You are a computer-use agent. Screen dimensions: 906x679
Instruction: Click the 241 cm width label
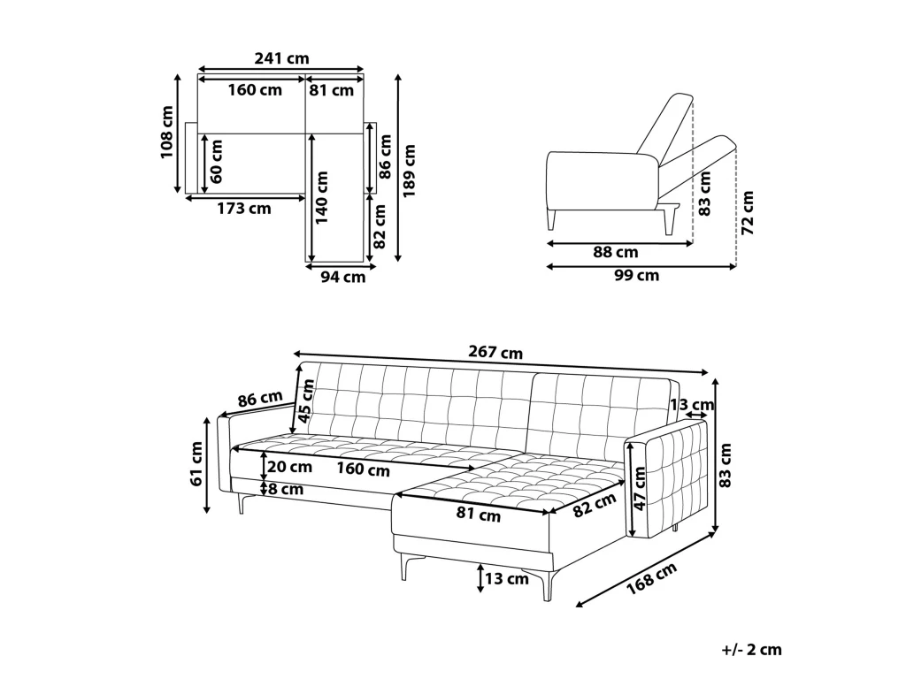(282, 58)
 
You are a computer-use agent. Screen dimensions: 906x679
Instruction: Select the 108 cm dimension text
(167, 133)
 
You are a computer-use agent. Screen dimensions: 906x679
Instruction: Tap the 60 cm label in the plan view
(216, 162)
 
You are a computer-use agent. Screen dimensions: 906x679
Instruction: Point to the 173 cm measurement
(244, 209)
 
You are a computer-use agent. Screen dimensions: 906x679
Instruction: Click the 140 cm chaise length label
(322, 197)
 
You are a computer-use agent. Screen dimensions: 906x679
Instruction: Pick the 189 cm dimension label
(410, 171)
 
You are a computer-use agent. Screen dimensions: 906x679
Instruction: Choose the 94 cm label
(343, 277)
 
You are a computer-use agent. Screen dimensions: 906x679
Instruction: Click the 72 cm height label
(748, 212)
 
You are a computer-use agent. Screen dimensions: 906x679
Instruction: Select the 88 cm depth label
(616, 252)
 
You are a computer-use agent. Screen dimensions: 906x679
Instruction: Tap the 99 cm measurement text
(636, 276)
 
